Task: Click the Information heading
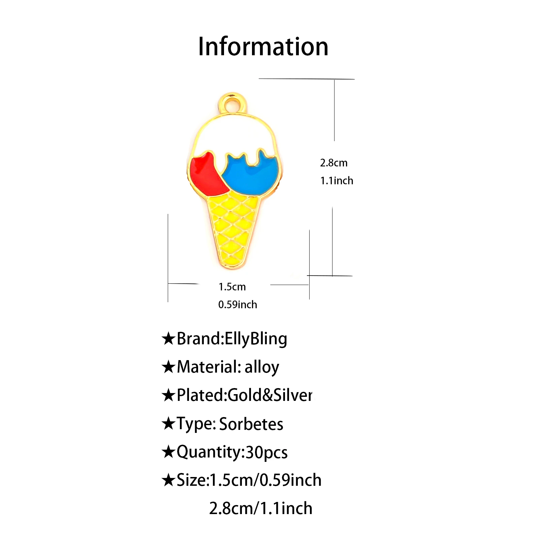(x=263, y=46)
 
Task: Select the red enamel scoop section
(x=205, y=175)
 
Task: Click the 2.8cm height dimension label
(x=334, y=163)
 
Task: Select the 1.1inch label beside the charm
(x=337, y=181)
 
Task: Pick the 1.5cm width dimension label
(x=232, y=287)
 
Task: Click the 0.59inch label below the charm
(x=237, y=305)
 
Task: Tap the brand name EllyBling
(x=256, y=339)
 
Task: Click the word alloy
(x=262, y=367)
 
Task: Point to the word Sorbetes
(x=251, y=424)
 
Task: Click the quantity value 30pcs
(x=266, y=452)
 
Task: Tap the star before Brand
(x=168, y=339)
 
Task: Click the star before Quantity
(x=168, y=452)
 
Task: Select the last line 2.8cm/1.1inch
(x=261, y=509)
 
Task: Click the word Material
(x=206, y=367)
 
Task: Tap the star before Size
(x=168, y=480)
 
